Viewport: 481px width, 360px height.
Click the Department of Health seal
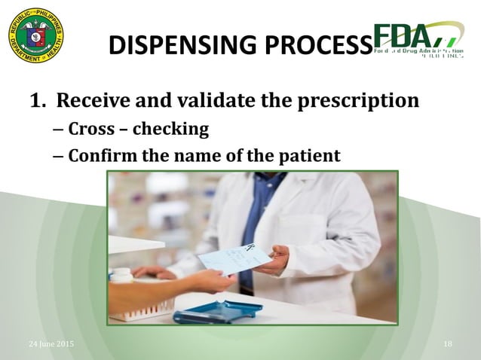click(x=35, y=35)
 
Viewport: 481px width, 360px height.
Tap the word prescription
click(x=354, y=100)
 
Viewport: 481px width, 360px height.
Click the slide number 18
click(x=448, y=344)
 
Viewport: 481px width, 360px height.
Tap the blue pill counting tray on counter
click(x=219, y=310)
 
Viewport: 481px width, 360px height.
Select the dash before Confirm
click(x=59, y=157)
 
